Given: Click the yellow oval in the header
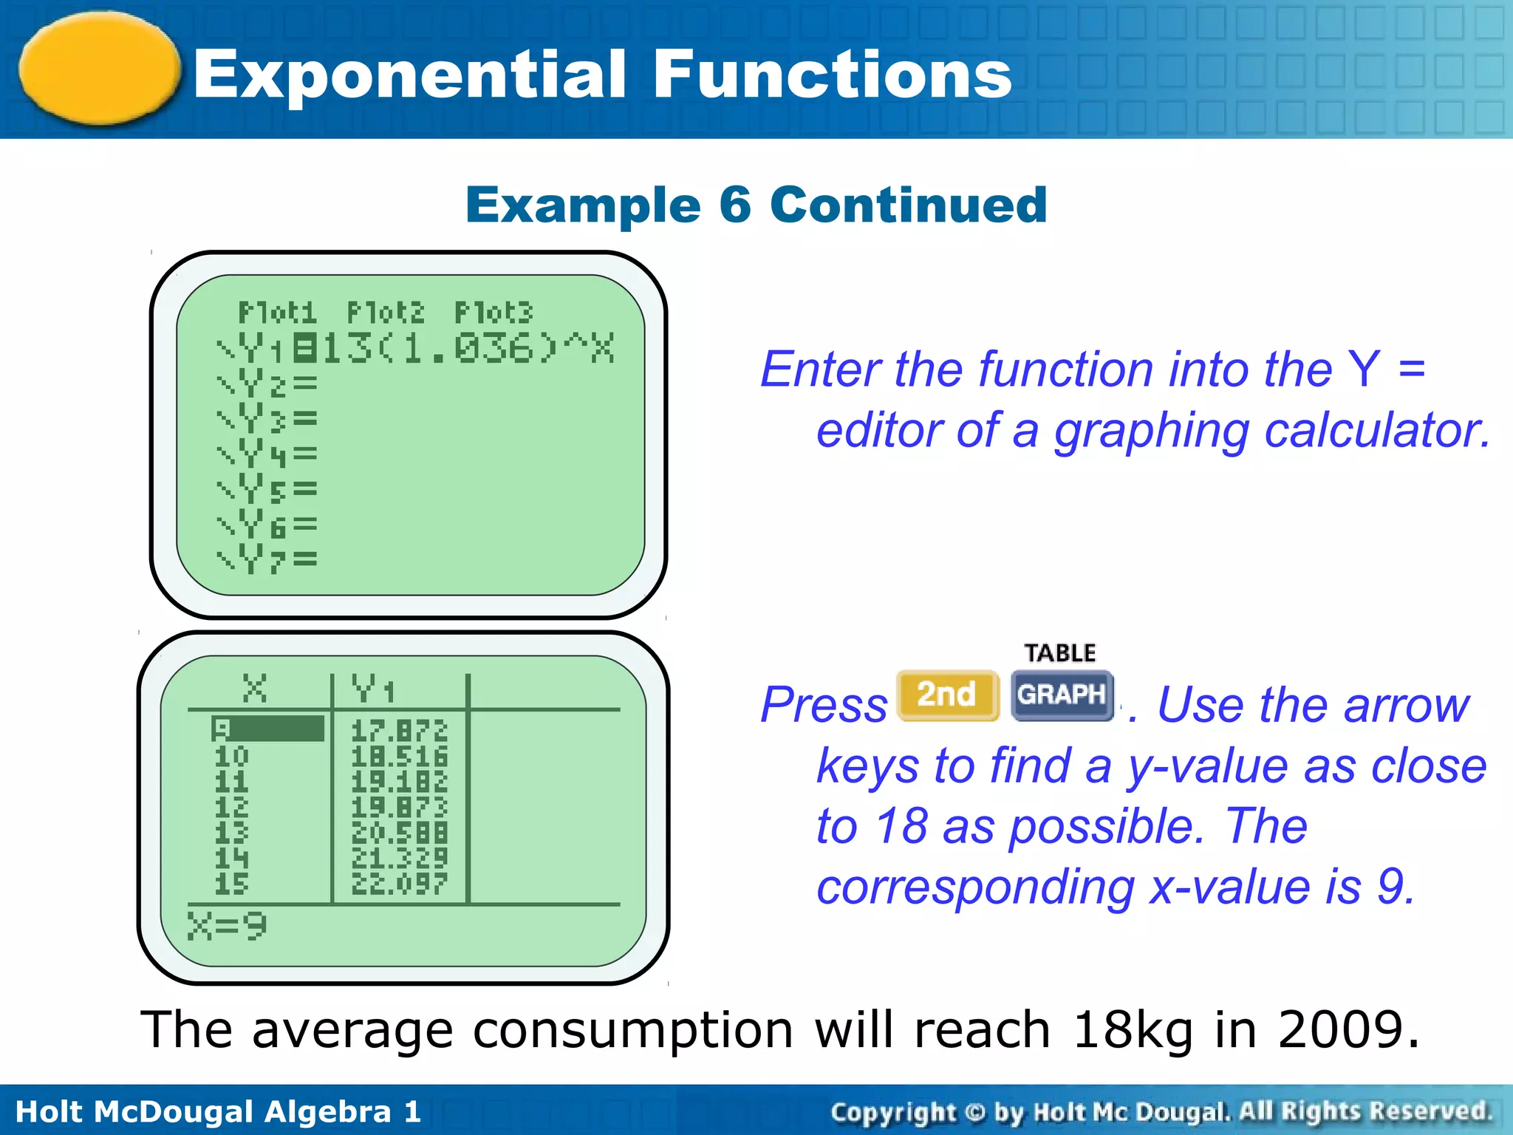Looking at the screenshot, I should point(100,68).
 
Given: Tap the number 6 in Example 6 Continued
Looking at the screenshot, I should point(734,205).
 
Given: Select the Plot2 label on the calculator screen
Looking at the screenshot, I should point(386,313).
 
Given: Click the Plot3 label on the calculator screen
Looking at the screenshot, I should point(493,313).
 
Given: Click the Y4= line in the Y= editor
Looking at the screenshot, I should point(267,454).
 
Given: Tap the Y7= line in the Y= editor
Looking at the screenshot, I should point(267,559).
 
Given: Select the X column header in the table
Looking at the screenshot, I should point(255,689).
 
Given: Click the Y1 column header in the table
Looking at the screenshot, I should point(373,689).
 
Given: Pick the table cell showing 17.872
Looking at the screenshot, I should point(399,731).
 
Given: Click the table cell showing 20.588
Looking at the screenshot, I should point(399,833).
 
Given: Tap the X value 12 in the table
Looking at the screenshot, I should point(231,807).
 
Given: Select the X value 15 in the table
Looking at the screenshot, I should point(231,884).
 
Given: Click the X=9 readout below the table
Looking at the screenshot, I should point(227,926).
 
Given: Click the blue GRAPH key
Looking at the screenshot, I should point(1062,695).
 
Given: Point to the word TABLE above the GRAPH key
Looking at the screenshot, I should point(1060,653).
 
